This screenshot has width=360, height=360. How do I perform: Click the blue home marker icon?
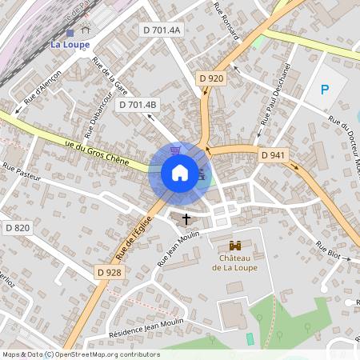click(x=179, y=173)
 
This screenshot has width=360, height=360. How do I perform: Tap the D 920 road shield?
click(x=210, y=78)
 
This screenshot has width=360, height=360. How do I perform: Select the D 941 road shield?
click(x=273, y=154)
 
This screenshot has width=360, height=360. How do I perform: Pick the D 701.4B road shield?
click(x=138, y=104)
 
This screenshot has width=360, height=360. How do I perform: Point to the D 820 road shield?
click(x=17, y=228)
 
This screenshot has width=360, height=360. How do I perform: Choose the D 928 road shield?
click(x=110, y=272)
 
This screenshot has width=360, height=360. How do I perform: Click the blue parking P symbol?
click(x=325, y=90)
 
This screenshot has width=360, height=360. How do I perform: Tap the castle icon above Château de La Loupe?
click(x=235, y=246)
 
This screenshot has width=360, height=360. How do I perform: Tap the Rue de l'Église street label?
click(x=133, y=242)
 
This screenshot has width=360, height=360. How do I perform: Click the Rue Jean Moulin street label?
click(x=178, y=249)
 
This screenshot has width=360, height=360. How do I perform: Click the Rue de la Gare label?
click(x=111, y=76)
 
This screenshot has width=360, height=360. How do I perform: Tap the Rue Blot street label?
click(x=328, y=250)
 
